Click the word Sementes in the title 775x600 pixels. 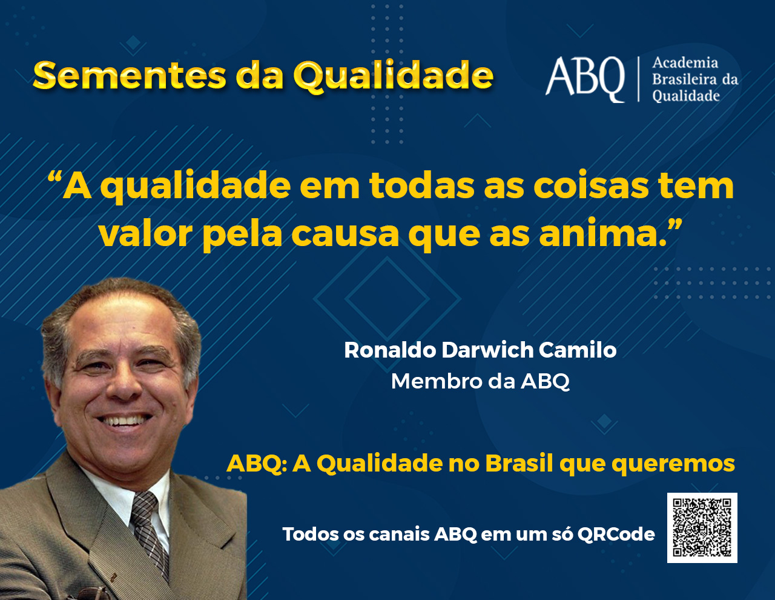130,76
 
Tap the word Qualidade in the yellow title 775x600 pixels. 394,77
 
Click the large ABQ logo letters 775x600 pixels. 585,79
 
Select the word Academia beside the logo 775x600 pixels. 685,63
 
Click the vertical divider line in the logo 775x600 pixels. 638,79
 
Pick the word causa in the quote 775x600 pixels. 345,236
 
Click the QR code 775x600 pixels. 702,528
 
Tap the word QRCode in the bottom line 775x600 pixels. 616,535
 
